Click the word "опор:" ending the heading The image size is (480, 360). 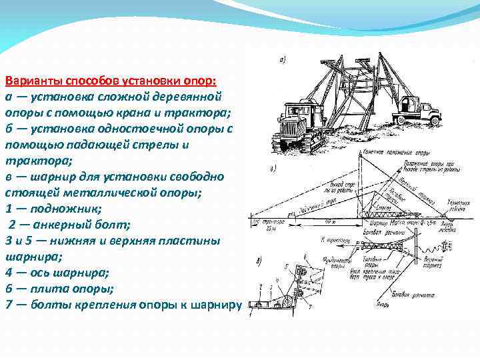coord(199,81)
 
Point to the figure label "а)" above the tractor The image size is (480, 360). coord(282,61)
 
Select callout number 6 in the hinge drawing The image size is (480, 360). coord(305,257)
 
